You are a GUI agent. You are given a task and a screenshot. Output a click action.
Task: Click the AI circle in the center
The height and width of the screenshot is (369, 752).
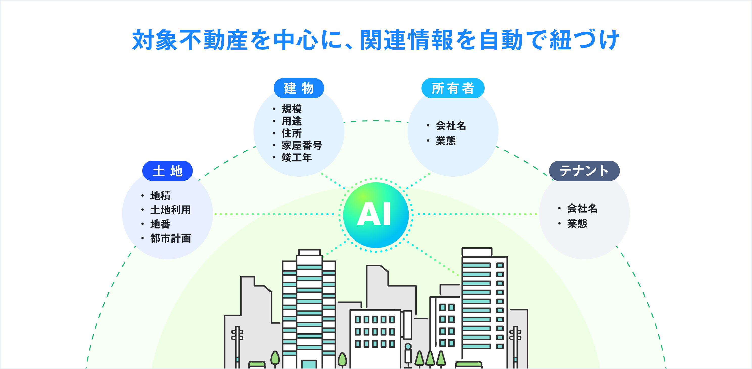coord(376,215)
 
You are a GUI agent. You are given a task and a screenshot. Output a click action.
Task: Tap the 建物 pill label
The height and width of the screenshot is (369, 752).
coord(299,88)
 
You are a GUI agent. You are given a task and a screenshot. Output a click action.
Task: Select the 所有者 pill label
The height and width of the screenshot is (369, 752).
coord(453,88)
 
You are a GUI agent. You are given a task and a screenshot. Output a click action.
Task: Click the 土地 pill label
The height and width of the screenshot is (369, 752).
coord(167,171)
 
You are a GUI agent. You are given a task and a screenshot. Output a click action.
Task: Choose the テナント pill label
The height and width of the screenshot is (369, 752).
coord(584,171)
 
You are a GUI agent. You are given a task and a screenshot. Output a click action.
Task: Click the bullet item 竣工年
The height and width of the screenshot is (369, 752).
coord(297,158)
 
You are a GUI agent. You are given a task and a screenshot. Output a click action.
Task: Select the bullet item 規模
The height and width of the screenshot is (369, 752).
coord(292,109)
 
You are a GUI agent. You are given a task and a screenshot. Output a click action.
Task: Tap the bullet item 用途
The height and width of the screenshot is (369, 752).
coord(292,121)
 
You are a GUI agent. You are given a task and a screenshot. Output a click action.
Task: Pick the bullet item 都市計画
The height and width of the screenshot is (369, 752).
coord(171,238)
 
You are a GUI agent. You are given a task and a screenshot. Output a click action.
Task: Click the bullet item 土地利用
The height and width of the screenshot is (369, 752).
coord(171,210)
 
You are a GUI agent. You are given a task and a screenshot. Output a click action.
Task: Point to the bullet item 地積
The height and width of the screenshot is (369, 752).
coord(160,196)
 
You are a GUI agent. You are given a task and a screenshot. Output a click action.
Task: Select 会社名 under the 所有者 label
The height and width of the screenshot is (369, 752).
coord(451,126)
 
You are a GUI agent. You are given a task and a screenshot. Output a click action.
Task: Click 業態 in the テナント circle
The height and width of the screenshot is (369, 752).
coord(577,223)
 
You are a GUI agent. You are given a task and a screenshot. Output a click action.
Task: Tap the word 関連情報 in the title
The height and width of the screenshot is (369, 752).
coord(407,40)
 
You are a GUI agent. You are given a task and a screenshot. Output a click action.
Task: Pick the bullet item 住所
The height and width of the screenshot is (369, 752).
coord(292,133)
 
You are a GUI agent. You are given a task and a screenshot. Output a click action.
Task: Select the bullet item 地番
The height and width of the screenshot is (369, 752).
coord(160,224)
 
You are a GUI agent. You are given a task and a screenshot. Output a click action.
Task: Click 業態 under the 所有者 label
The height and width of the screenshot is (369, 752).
coord(446,141)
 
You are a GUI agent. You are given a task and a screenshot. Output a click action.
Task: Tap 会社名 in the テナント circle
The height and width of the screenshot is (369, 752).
coord(582,209)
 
